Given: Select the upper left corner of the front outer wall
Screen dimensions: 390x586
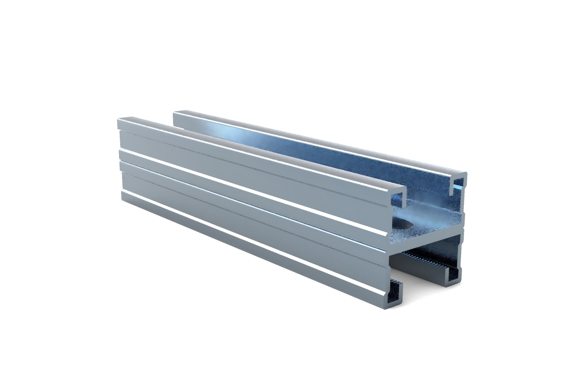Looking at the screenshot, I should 118,120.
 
